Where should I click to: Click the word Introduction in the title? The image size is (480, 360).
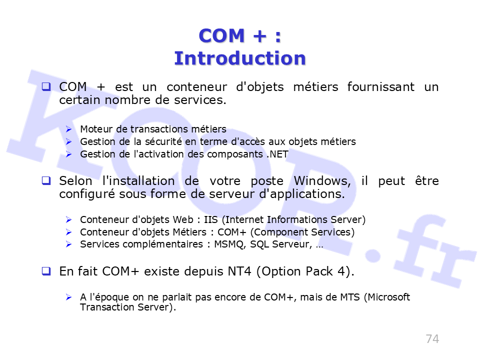240,58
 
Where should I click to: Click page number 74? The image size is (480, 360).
432,339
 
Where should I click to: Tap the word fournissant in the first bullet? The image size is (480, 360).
381,86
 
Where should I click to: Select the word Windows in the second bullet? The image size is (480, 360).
322,181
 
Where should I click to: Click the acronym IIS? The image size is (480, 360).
211,219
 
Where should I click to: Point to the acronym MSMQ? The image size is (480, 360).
229,244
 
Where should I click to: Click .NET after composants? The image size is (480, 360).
277,154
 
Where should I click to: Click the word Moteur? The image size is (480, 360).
96,129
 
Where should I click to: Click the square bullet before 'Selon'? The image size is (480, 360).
46,180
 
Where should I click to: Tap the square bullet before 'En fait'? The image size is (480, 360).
46,271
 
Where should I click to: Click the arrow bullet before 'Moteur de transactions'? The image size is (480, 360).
68,129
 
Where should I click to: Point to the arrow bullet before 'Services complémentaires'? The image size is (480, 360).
68,244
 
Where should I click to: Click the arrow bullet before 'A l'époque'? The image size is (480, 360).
68,297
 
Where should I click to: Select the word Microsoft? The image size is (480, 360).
389,297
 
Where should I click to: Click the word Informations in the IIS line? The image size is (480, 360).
297,219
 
